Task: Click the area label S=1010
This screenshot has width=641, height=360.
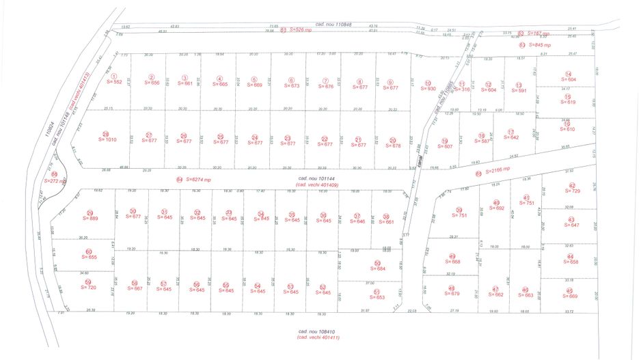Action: (107, 140)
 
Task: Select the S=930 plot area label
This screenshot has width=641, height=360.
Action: (428, 89)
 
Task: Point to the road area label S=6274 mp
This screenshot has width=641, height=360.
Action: (198, 180)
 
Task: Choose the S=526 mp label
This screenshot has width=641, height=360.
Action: (300, 29)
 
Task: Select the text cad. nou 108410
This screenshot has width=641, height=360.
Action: (318, 331)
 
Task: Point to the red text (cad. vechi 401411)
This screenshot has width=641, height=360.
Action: (318, 337)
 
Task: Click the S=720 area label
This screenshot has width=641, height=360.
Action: (87, 288)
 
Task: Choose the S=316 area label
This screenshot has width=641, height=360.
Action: (462, 89)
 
